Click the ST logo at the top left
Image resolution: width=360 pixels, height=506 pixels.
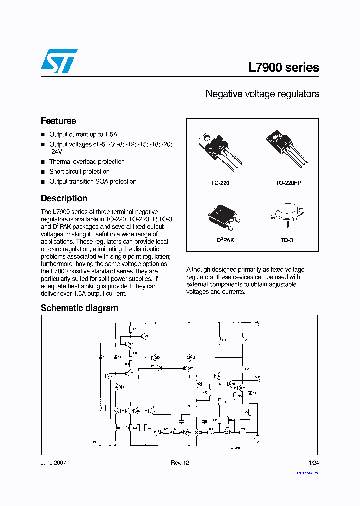[59, 61]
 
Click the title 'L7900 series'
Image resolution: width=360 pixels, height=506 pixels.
[283, 68]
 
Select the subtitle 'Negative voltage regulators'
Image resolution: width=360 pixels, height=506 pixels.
[262, 94]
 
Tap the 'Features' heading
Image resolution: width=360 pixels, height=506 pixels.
[58, 121]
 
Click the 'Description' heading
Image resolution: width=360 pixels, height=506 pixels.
[64, 198]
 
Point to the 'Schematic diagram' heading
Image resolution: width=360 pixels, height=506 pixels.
[79, 308]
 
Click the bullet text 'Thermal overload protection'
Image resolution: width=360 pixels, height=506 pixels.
[87, 162]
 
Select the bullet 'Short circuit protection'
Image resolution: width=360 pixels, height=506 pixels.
[79, 172]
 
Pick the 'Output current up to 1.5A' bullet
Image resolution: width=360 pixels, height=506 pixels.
[83, 135]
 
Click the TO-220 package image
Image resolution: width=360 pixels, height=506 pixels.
[219, 149]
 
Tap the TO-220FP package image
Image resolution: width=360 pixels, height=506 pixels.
[285, 148]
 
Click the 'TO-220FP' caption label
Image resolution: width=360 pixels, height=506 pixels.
[288, 183]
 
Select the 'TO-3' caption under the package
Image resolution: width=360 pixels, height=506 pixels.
[287, 240]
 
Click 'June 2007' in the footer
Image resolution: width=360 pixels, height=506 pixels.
[53, 463]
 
